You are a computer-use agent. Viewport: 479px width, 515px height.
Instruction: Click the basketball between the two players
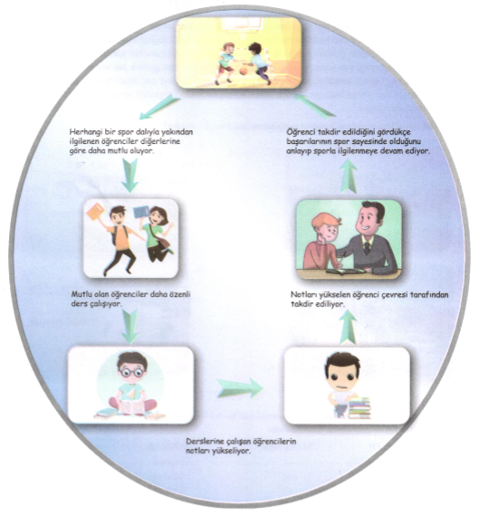click(x=244, y=71)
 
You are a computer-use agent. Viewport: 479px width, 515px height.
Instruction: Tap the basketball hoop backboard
click(x=242, y=24)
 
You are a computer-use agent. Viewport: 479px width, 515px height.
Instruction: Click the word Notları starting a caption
click(x=303, y=295)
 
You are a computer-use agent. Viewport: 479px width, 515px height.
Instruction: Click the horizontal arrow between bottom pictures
click(x=240, y=387)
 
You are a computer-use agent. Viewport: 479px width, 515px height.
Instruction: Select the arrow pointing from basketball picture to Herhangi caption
click(x=159, y=107)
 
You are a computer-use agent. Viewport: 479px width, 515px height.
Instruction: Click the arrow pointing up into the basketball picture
click(x=315, y=105)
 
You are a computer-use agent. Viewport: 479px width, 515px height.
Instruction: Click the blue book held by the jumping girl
click(x=141, y=212)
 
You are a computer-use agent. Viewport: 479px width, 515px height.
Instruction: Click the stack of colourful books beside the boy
click(x=359, y=407)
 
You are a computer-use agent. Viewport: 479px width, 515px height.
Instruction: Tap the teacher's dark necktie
click(x=367, y=247)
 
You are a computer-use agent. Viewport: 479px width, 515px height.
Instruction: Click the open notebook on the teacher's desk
click(x=345, y=272)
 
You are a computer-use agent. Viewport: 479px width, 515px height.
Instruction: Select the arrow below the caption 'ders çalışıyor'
click(x=130, y=326)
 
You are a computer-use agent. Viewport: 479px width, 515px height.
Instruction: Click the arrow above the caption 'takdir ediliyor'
click(x=348, y=327)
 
